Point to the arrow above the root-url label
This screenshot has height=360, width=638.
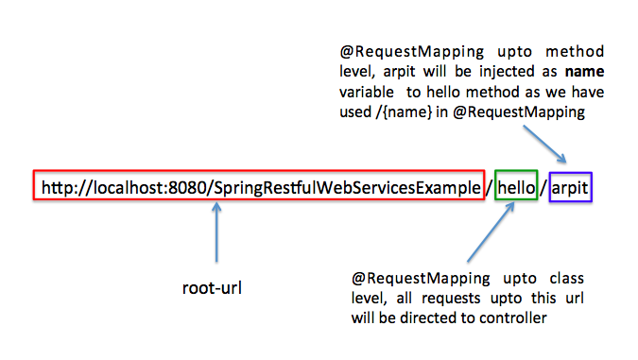tap(216, 233)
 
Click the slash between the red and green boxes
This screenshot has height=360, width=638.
tap(488, 188)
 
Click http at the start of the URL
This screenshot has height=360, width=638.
tap(58, 187)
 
